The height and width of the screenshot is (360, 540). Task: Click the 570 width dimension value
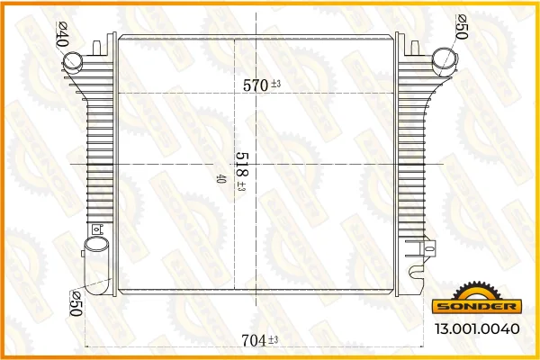pyautogui.click(x=256, y=85)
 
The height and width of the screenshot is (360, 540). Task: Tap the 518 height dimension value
pyautogui.click(x=242, y=165)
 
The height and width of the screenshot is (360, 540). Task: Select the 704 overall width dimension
pyautogui.click(x=254, y=341)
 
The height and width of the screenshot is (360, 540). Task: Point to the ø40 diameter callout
pyautogui.click(x=63, y=34)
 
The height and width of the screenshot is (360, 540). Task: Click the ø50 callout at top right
pyautogui.click(x=462, y=27)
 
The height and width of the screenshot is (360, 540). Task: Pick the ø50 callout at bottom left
pyautogui.click(x=76, y=303)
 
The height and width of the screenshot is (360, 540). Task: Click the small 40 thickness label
pyautogui.click(x=220, y=179)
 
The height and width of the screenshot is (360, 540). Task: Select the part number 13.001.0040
pyautogui.click(x=477, y=328)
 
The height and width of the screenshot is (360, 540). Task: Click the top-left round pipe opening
pyautogui.click(x=73, y=61)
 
